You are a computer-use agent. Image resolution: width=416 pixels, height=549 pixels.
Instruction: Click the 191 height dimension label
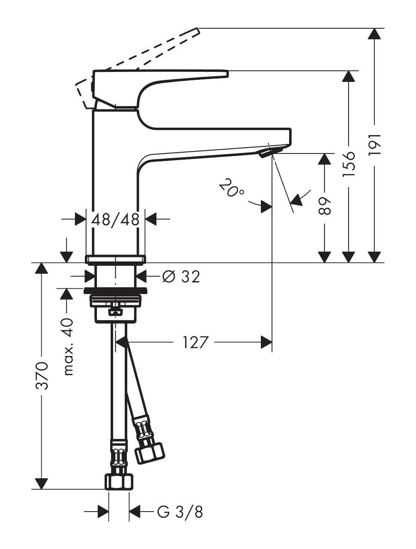375,145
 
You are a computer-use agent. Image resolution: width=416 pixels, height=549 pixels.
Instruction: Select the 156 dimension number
349,164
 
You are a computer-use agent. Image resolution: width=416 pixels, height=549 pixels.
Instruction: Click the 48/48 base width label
115,220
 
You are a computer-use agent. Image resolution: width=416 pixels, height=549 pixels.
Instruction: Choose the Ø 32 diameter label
181,277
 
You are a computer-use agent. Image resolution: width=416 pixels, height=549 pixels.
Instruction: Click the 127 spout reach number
196,342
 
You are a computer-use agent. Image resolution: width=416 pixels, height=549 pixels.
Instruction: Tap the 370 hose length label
42,376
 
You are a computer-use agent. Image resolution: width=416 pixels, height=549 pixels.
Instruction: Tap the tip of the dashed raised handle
198,30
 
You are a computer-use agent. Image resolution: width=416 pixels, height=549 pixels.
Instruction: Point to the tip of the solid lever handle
228,73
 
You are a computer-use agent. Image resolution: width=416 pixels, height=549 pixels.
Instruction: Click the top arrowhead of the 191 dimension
374,34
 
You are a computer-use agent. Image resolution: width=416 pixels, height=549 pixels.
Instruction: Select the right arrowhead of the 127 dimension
266,342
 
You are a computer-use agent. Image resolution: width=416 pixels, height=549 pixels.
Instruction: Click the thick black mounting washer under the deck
115,291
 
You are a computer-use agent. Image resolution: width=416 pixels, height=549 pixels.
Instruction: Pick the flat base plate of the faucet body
115,260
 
